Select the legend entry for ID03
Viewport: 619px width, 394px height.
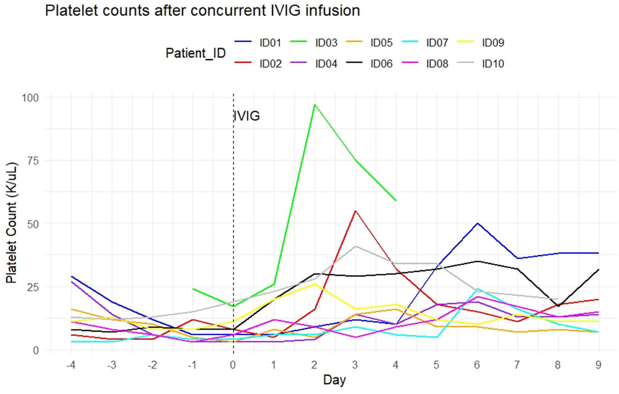tap(326, 43)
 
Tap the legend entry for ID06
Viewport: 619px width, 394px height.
tap(381, 64)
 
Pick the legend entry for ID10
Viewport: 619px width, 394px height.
tap(493, 64)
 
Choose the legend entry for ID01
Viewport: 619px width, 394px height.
tap(270, 43)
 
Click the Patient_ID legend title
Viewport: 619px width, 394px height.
tap(195, 53)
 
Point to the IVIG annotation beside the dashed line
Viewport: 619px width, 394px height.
tap(247, 116)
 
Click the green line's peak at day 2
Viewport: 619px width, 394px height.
tap(315, 105)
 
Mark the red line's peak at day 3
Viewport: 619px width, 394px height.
tap(355, 211)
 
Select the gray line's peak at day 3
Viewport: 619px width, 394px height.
tap(355, 246)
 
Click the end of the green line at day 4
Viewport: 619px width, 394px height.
tap(396, 200)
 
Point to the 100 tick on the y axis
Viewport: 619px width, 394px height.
tap(30, 98)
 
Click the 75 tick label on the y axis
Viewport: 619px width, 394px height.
tap(33, 161)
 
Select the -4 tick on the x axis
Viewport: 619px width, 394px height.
tap(71, 365)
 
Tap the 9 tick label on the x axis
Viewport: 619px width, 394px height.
tap(598, 365)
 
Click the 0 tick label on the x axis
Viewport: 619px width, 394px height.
tap(233, 365)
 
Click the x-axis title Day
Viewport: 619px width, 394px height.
tap(334, 380)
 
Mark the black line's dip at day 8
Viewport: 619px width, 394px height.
tap(558, 306)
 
